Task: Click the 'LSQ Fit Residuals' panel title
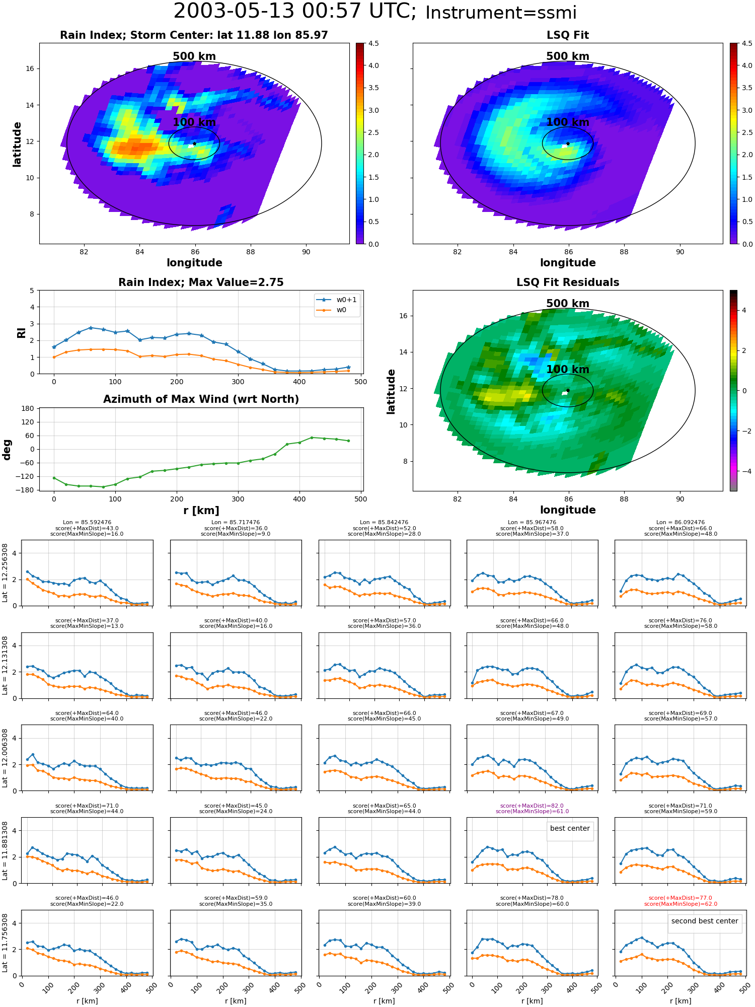tap(568, 282)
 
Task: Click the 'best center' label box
tap(570, 828)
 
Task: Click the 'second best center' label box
tap(705, 921)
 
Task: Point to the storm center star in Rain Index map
tap(194, 143)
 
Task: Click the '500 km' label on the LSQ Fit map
tap(568, 56)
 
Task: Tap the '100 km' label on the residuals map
tap(568, 370)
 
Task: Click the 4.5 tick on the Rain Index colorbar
tap(373, 43)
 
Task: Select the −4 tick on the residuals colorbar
tap(744, 471)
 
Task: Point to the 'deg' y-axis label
tap(7, 449)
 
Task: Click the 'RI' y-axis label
tap(22, 332)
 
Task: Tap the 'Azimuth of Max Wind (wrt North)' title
tap(201, 399)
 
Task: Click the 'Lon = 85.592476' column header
tap(87, 523)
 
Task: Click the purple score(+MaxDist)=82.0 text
tap(532, 806)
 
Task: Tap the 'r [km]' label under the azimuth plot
tap(201, 511)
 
